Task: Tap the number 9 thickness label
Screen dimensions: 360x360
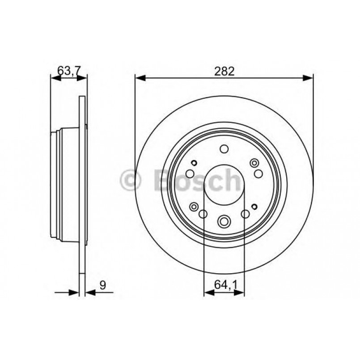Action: pos(102,285)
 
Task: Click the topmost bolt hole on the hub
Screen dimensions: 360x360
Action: pos(224,150)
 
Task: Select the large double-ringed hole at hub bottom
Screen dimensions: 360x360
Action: pos(224,220)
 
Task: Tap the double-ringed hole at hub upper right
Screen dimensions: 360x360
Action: pos(254,162)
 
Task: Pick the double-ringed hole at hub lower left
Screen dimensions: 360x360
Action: pos(194,207)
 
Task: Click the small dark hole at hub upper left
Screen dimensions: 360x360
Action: pos(194,163)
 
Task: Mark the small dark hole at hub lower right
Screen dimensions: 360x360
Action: pos(254,206)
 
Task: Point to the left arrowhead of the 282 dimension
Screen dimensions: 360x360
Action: pos(140,78)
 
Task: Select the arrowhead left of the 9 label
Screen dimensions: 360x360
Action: pos(74,293)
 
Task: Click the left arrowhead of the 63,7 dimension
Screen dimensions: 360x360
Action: pos(55,78)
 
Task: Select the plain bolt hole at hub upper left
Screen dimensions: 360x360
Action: pos(190,174)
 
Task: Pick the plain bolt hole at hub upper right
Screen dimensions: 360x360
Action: pos(258,173)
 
